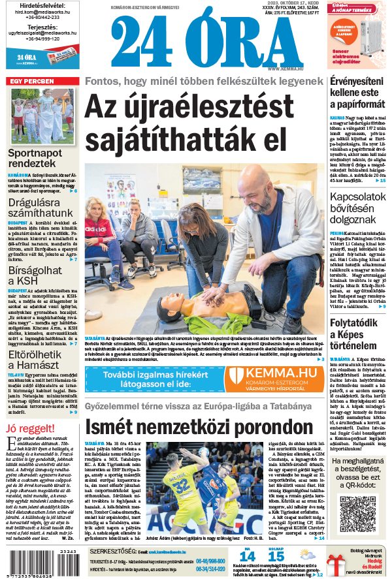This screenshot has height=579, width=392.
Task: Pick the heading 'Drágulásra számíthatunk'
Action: pyautogui.click(x=41, y=208)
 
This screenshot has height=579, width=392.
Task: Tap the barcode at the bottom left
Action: pyautogui.click(x=33, y=565)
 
